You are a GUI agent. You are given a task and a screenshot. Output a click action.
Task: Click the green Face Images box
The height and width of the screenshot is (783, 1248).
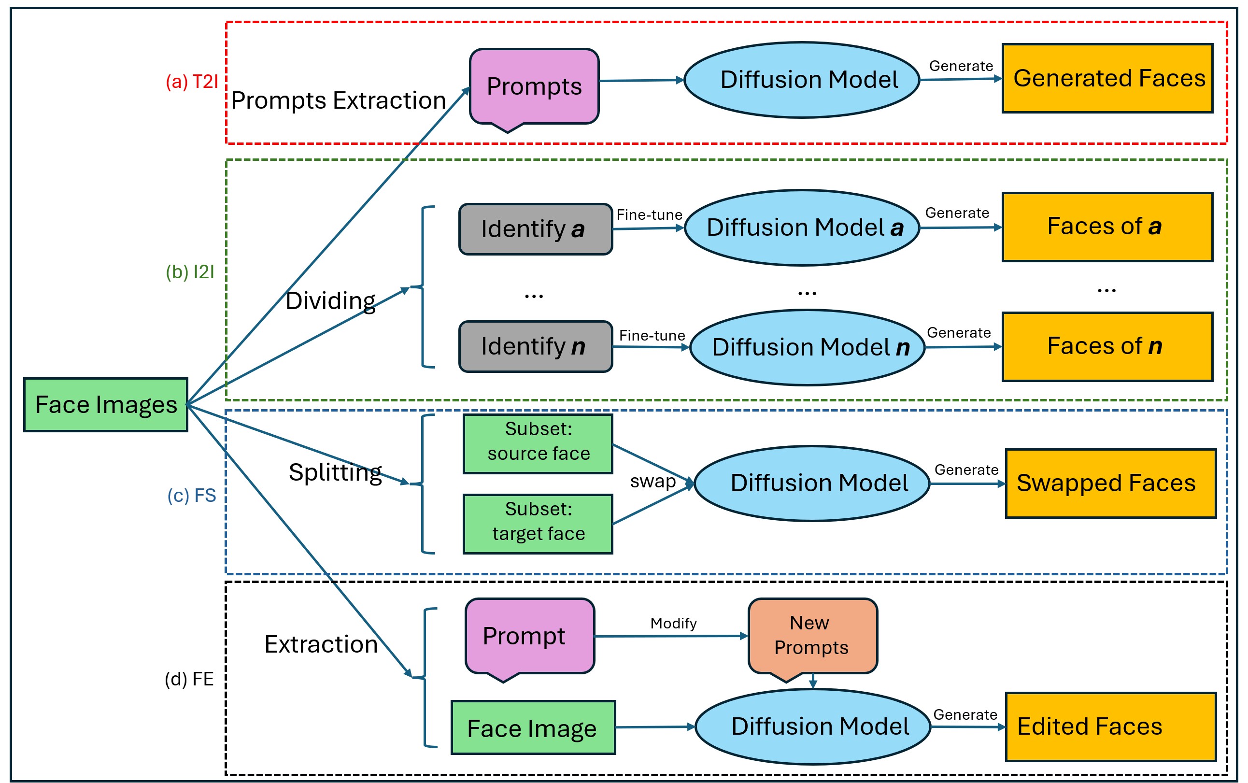tap(106, 404)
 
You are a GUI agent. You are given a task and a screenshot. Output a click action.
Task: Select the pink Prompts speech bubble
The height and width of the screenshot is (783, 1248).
tap(534, 88)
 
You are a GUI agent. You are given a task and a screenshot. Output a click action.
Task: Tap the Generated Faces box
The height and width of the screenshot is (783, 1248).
tap(1107, 78)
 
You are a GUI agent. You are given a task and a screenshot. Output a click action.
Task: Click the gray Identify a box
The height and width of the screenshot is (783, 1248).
tap(536, 229)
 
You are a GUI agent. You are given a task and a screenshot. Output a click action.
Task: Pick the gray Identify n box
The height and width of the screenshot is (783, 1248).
tap(536, 346)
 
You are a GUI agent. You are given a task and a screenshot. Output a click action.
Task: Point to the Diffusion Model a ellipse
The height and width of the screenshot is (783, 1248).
tap(802, 228)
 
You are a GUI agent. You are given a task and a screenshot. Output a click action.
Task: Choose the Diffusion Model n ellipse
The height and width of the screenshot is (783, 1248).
tap(808, 347)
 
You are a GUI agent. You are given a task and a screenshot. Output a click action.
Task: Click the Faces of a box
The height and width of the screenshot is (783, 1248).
tap(1107, 227)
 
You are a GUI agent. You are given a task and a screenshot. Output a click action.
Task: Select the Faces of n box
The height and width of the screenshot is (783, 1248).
tap(1107, 346)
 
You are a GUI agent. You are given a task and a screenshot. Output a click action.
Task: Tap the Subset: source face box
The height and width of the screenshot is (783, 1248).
tap(538, 444)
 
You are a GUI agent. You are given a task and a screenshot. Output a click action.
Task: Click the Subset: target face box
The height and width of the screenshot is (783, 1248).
tap(538, 524)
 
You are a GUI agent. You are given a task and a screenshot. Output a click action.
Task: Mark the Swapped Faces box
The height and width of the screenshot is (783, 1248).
tap(1110, 483)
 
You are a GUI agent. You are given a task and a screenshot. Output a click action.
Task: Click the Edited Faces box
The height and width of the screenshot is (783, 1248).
tap(1110, 726)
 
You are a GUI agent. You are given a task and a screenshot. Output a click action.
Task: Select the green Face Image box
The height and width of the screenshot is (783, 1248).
tap(533, 727)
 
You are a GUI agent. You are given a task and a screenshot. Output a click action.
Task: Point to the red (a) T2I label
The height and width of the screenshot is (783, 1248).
tap(192, 82)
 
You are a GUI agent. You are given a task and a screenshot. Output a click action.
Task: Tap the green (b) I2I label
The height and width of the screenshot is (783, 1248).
tap(190, 272)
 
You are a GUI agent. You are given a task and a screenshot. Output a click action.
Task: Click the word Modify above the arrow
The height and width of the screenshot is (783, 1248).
tap(673, 624)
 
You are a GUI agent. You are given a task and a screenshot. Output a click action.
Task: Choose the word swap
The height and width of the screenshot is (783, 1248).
tap(652, 482)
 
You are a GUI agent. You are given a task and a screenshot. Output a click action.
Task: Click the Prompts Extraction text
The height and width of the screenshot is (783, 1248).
tap(339, 100)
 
